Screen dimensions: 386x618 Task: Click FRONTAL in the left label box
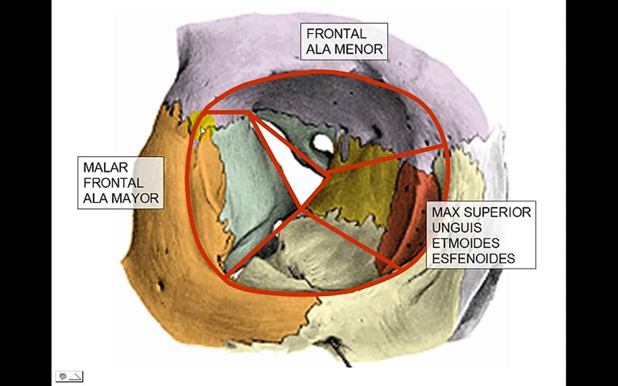tap(113, 183)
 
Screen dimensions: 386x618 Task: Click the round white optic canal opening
tap(322, 143)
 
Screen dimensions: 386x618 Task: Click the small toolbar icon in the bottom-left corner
tap(69, 376)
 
